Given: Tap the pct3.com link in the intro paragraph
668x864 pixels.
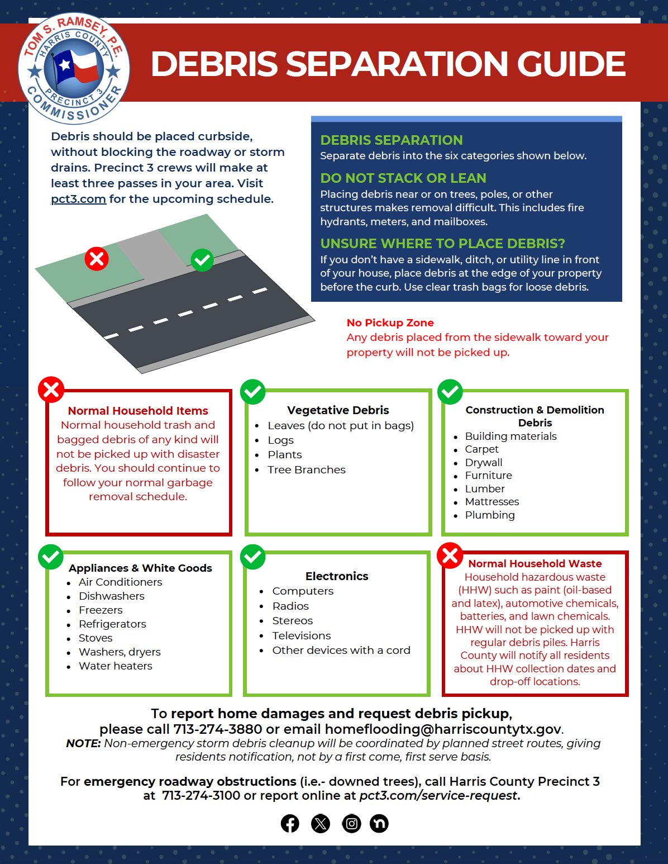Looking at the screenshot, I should coord(78,199).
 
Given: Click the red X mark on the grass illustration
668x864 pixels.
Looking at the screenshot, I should coord(97,259).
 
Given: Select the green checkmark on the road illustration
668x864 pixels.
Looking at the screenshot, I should coord(202,260).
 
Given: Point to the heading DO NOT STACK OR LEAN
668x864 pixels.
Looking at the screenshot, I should coord(403,178).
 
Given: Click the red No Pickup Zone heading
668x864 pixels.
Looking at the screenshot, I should coord(390,322).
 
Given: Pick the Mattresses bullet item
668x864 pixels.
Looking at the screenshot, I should coord(492,502).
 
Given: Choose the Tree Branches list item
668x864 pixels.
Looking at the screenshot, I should coord(306,470).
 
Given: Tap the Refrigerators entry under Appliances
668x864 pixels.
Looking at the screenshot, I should coord(112,624).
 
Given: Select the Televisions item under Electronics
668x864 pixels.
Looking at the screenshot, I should coord(301,636).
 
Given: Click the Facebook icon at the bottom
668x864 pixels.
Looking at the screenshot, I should coord(290,823).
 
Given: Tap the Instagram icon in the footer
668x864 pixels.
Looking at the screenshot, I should coord(351,823).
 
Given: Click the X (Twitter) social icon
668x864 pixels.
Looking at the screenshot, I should coord(321,823).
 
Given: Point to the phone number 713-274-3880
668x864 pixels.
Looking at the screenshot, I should coord(218,729).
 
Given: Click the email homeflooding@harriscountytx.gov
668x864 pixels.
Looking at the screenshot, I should coord(443,729).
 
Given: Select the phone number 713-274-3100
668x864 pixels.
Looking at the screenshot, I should coord(201,796).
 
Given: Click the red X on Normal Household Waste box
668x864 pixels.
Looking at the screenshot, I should coord(450,556).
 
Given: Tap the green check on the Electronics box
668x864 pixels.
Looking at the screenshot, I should coord(253,557).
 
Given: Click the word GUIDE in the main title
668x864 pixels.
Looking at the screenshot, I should coord(571,64).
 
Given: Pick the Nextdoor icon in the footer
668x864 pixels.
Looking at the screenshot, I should coord(379,823).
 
